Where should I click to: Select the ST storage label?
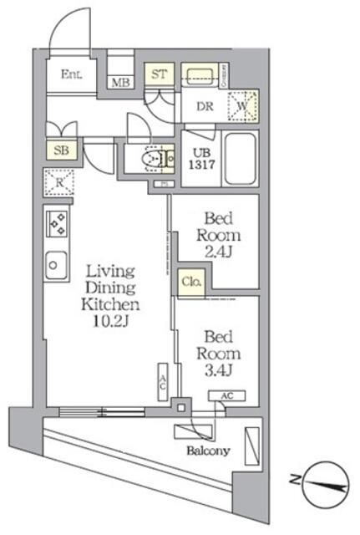click(x=159, y=74)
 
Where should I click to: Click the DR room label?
click(x=203, y=107)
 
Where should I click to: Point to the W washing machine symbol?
click(x=242, y=105)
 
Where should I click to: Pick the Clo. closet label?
click(x=190, y=283)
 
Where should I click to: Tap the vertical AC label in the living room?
click(x=164, y=382)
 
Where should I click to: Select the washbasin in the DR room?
click(x=200, y=74)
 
